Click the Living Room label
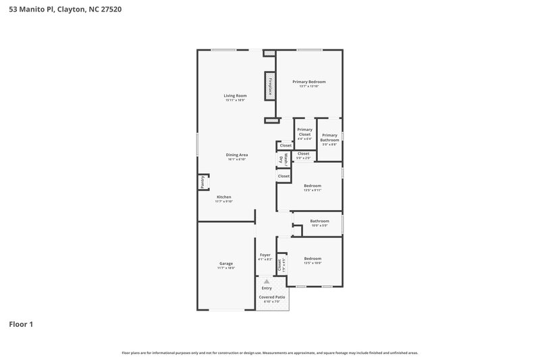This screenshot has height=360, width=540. tap(236, 95)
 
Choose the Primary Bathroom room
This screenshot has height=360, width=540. tap(329, 138)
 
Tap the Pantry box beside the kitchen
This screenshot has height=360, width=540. tap(202, 182)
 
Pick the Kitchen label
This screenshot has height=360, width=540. tap(223, 197)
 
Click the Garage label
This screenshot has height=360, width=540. tap(225, 263)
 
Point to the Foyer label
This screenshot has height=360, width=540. tap(265, 255)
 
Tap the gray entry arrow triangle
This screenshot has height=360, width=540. tap(266, 281)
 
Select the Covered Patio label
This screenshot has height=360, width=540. tap(272, 297)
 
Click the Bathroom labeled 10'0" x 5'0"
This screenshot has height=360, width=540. tap(319, 222)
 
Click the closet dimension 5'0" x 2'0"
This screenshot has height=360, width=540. tap(304, 158)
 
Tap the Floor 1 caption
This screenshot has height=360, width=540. tap(21, 324)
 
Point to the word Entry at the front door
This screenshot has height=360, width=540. tap(267, 288)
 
